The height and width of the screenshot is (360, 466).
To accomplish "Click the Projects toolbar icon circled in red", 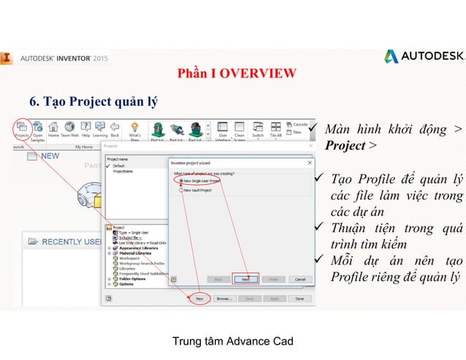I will (22, 129).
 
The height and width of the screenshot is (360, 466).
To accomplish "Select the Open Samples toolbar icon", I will (37, 129).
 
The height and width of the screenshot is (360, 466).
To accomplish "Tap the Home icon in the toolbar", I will (53, 129).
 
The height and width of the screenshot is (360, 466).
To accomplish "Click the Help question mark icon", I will (86, 129).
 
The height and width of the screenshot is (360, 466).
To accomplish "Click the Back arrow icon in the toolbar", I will (115, 129).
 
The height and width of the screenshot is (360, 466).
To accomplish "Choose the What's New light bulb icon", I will (135, 129).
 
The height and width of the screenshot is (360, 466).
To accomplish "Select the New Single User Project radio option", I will (180, 180).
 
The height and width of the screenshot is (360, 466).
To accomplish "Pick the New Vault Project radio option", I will (180, 190).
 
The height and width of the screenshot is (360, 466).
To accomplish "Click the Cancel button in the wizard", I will (299, 279).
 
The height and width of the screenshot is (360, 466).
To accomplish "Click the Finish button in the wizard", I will (272, 279).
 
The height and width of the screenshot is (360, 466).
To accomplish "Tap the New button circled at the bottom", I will (199, 298).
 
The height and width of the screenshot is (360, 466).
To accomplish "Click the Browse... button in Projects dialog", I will (224, 298).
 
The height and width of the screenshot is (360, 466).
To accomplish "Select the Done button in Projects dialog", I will (299, 298).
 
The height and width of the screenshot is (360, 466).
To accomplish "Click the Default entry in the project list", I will (119, 166).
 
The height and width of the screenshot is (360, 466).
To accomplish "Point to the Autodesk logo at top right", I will (424, 56).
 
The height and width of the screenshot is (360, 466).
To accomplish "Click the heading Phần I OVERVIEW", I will (237, 73).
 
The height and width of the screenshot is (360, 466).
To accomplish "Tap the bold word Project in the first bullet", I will (345, 145).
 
